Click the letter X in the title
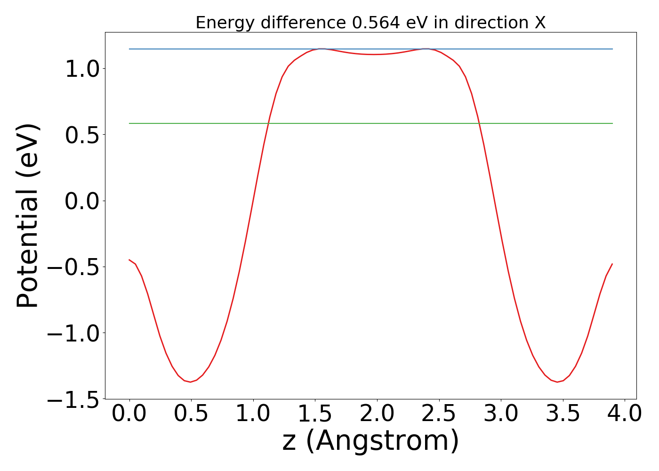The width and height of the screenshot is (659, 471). [540, 23]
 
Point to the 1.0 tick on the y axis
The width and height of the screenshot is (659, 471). [82, 69]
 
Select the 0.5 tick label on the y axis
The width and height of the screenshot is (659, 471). [82, 135]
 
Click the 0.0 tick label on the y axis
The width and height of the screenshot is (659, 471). [82, 201]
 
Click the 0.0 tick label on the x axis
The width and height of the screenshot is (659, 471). [129, 414]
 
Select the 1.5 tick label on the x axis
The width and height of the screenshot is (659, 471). [315, 414]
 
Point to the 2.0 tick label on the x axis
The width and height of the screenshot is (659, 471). [377, 414]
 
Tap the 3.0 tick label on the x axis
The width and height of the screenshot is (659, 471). [501, 414]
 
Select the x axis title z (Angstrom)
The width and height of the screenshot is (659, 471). [370, 441]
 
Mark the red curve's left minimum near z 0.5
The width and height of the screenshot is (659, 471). [191, 382]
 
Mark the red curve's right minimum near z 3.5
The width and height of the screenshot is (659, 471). [557, 382]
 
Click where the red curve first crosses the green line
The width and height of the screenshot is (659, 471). [269, 123]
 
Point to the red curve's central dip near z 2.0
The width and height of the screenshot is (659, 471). [374, 54]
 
